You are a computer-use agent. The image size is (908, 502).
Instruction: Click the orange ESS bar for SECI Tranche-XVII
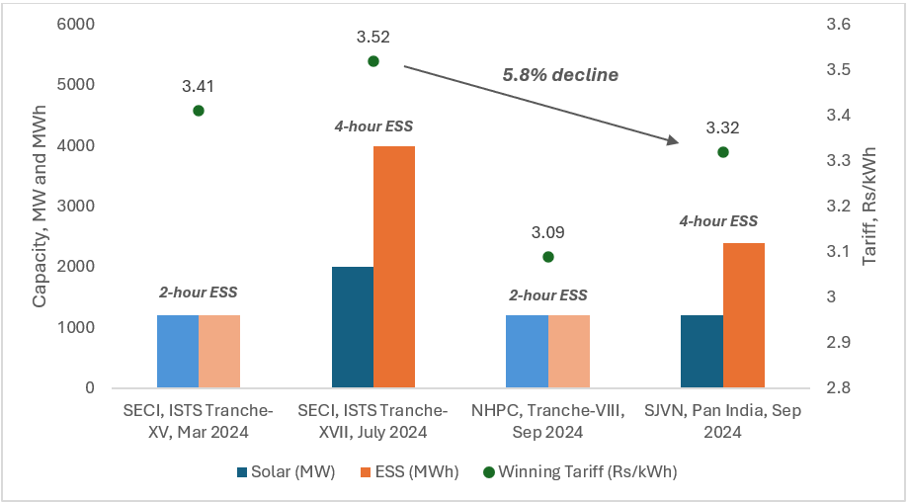click(x=393, y=267)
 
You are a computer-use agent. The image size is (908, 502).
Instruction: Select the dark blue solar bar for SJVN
click(x=702, y=352)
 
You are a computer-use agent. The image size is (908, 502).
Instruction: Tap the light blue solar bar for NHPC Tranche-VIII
click(x=527, y=352)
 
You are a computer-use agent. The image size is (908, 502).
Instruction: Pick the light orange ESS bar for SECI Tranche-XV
click(x=219, y=352)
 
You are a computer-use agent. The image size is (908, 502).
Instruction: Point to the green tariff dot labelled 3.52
click(x=373, y=61)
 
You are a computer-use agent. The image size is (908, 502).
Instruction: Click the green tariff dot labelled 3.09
click(x=548, y=257)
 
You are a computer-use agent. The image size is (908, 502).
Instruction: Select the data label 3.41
click(x=199, y=87)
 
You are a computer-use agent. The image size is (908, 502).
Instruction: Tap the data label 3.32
click(x=722, y=128)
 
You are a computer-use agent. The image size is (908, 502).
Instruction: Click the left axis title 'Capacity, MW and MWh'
click(x=40, y=207)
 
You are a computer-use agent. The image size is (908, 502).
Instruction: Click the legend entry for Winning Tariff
click(x=598, y=472)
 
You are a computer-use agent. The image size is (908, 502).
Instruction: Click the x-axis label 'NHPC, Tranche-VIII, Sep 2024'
click(x=547, y=422)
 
